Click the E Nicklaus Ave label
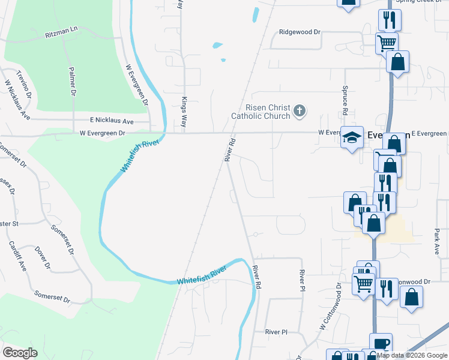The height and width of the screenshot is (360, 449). [x=112, y=121]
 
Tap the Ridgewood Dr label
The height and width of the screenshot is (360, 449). [x=300, y=32]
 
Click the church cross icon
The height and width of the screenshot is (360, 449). [x=300, y=111]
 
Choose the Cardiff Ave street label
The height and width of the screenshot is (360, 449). [x=18, y=256]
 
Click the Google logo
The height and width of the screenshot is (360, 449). [x=20, y=353]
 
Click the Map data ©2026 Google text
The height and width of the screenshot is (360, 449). [x=412, y=355]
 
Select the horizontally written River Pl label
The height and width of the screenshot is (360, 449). [x=277, y=331]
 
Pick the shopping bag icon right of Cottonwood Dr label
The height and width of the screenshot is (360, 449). [x=411, y=297]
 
